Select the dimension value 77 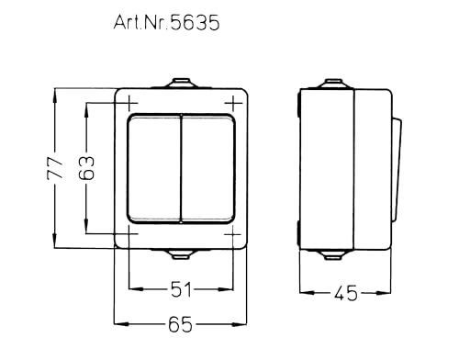(x=54, y=167)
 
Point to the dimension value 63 (x=87, y=167)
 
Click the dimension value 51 (x=182, y=291)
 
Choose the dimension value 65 (x=182, y=324)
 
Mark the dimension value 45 (x=346, y=294)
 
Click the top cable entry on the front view (x=182, y=84)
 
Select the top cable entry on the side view (x=329, y=84)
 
